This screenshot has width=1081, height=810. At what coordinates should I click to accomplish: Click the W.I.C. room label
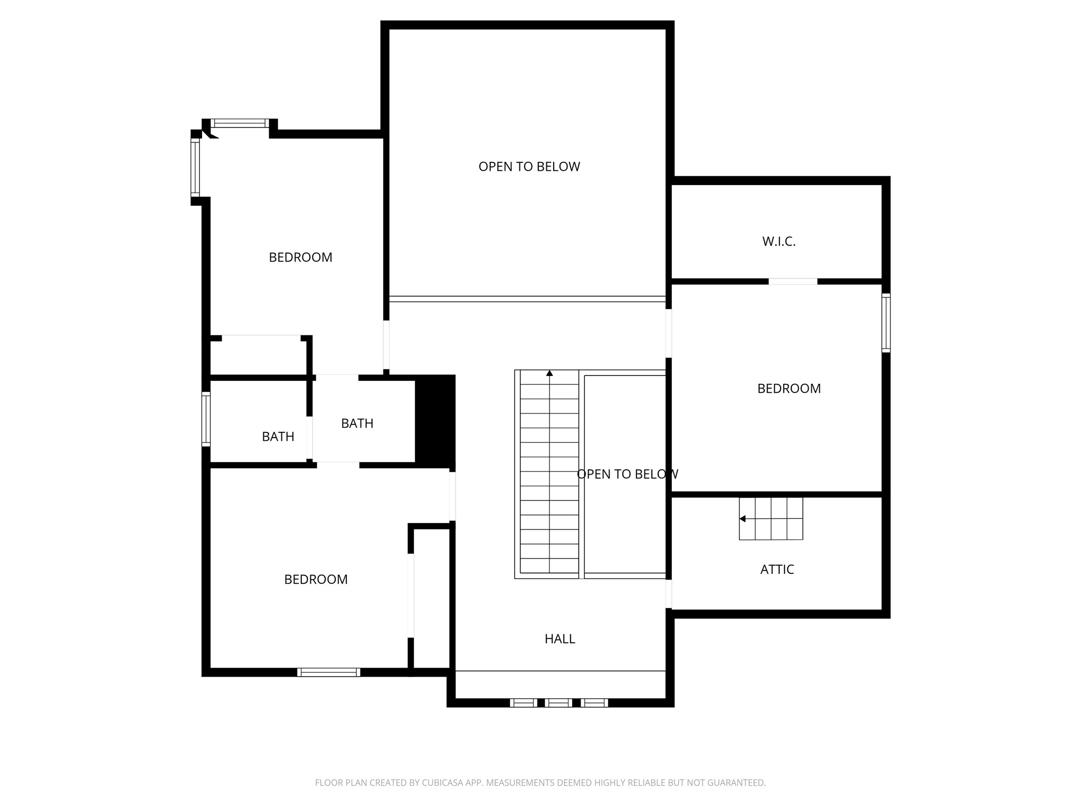point(779,242)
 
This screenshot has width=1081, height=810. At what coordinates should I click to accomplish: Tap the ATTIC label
point(777,570)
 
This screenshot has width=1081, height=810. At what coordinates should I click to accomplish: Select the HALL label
point(560,639)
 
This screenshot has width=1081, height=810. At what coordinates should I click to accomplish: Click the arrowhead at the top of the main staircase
point(549,373)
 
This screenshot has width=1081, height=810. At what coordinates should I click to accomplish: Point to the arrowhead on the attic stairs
point(743,519)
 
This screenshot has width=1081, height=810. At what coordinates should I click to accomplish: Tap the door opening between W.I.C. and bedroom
point(793,282)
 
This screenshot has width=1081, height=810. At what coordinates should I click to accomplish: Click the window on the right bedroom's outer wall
point(886,323)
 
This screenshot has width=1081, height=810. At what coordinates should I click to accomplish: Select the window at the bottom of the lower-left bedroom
point(328,672)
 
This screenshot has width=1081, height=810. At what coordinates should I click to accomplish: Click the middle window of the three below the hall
point(558,702)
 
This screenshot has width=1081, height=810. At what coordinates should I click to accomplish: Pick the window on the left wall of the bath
point(206,420)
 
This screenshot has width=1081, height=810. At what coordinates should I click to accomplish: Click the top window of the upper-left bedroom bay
point(240,123)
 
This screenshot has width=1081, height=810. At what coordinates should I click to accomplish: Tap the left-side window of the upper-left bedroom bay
point(195,168)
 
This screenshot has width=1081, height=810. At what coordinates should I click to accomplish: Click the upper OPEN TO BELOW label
point(529,167)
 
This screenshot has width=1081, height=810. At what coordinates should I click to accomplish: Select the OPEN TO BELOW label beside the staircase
point(628,474)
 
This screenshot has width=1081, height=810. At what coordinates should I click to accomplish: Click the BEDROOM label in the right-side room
point(789,389)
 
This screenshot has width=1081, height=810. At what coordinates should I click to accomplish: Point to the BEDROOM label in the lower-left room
point(316,580)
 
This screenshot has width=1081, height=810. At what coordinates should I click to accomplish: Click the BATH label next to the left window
point(278,437)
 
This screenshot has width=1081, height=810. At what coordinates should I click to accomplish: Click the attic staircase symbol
point(771,518)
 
